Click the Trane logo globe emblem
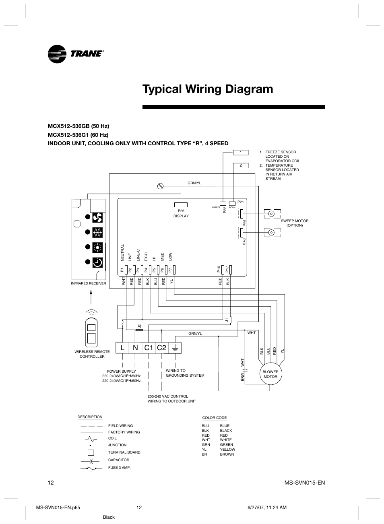tap(57, 54)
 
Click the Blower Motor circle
tap(270, 374)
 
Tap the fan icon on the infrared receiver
tap(97, 218)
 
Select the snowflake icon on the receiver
tap(97, 233)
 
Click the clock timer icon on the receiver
tap(97, 262)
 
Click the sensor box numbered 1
tap(241, 153)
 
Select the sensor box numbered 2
tap(241, 165)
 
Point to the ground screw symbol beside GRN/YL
tap(160, 186)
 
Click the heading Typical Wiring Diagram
tap(208, 89)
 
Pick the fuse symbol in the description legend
tap(91, 468)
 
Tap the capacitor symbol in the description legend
tap(91, 460)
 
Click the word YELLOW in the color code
tap(227, 450)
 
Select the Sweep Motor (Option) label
tap(295, 223)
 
